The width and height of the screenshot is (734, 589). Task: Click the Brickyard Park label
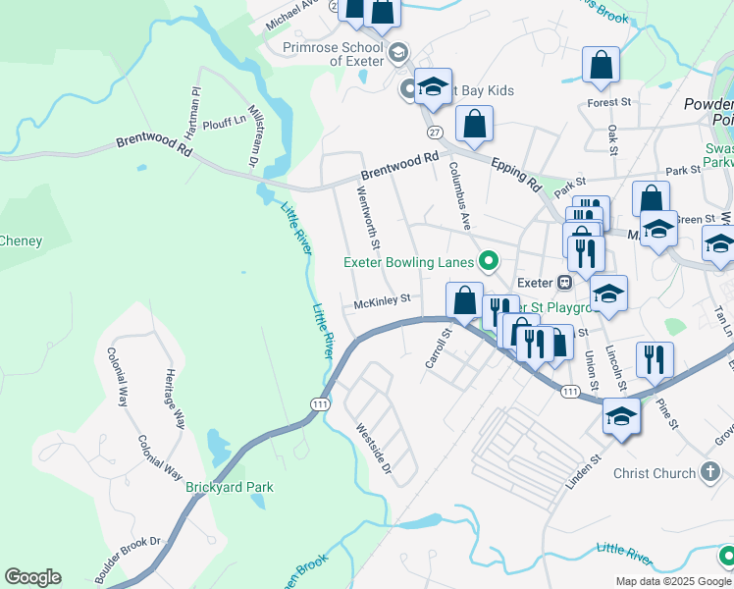pos(231,487)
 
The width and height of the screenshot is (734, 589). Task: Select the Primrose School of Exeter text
pos(333,53)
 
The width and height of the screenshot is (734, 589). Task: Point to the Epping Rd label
pos(516,175)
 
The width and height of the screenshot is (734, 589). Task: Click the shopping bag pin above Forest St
pos(601,65)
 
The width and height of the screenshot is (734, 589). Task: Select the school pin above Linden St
pos(621,415)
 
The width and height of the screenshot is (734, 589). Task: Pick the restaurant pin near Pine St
pos(655,359)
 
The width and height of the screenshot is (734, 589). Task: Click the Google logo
pos(32,577)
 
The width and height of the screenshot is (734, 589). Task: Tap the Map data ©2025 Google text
pos(673,581)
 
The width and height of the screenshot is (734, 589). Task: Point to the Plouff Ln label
pos(222,122)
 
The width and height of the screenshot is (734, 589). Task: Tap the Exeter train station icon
pos(565,282)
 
